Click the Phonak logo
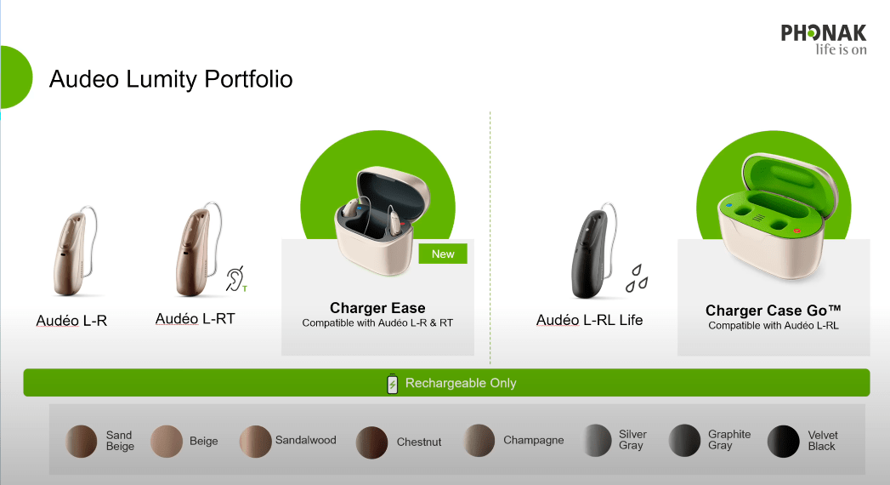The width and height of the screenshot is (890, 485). pos(824,40)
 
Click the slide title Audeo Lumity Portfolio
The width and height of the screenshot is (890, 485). pos(171,79)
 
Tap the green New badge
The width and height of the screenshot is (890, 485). pos(443,254)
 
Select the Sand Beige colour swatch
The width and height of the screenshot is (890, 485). pos(81,442)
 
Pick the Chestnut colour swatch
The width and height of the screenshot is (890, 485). pos(371,442)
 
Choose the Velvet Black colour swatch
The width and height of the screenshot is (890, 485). pos(783,442)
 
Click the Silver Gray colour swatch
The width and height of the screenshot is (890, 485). pos(597,440)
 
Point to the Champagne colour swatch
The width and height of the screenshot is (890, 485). pos(479,440)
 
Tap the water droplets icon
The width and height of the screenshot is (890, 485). pos(637,278)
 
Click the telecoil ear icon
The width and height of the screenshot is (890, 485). pos(235,279)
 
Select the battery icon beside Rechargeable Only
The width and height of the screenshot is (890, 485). pos(392,384)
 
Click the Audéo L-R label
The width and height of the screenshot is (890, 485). pos(71,321)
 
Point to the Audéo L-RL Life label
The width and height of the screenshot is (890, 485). pos(589,320)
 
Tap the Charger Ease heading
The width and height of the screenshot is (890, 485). pos(377,308)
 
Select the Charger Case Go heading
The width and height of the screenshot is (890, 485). pos(773,311)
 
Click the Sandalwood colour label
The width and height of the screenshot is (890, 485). pos(305,440)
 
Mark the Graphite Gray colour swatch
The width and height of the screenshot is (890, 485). pos(684,440)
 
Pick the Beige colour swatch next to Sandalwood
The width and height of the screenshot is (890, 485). pos(167,442)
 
